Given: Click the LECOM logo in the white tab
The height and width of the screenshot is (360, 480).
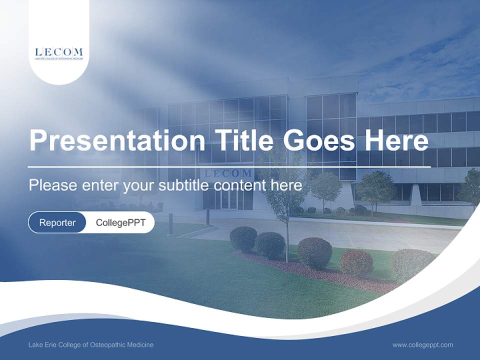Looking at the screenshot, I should [x=59, y=52].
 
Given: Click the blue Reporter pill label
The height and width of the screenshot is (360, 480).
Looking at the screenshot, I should [x=57, y=222].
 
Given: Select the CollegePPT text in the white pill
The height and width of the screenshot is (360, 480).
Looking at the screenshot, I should [x=120, y=222].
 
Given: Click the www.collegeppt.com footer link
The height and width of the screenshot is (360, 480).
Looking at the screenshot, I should [x=422, y=344].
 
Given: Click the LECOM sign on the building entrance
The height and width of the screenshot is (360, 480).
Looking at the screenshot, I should [x=228, y=173].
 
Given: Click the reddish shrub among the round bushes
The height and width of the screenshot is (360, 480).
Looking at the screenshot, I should [x=356, y=262].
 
